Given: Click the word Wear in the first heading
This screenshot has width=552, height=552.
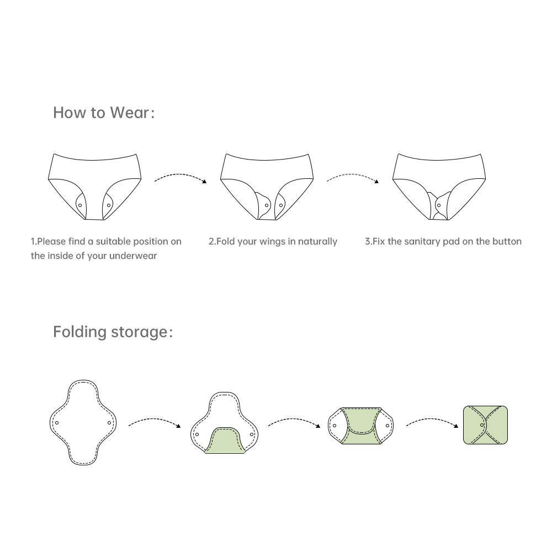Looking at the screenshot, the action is click(x=130, y=113).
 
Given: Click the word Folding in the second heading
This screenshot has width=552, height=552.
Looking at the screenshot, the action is click(x=80, y=332).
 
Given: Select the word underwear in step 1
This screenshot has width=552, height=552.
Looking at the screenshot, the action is click(x=132, y=256).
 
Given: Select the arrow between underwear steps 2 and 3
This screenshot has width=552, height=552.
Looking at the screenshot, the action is click(x=353, y=176).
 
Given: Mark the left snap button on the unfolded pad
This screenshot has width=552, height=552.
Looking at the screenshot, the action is click(x=57, y=423).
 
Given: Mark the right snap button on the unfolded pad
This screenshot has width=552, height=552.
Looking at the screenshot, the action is click(x=109, y=423).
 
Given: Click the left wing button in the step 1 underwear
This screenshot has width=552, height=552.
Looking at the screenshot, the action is click(x=80, y=205).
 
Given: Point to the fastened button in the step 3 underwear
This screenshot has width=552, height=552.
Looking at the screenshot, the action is click(x=439, y=205).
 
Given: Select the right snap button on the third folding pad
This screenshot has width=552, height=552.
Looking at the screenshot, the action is click(x=388, y=426).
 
